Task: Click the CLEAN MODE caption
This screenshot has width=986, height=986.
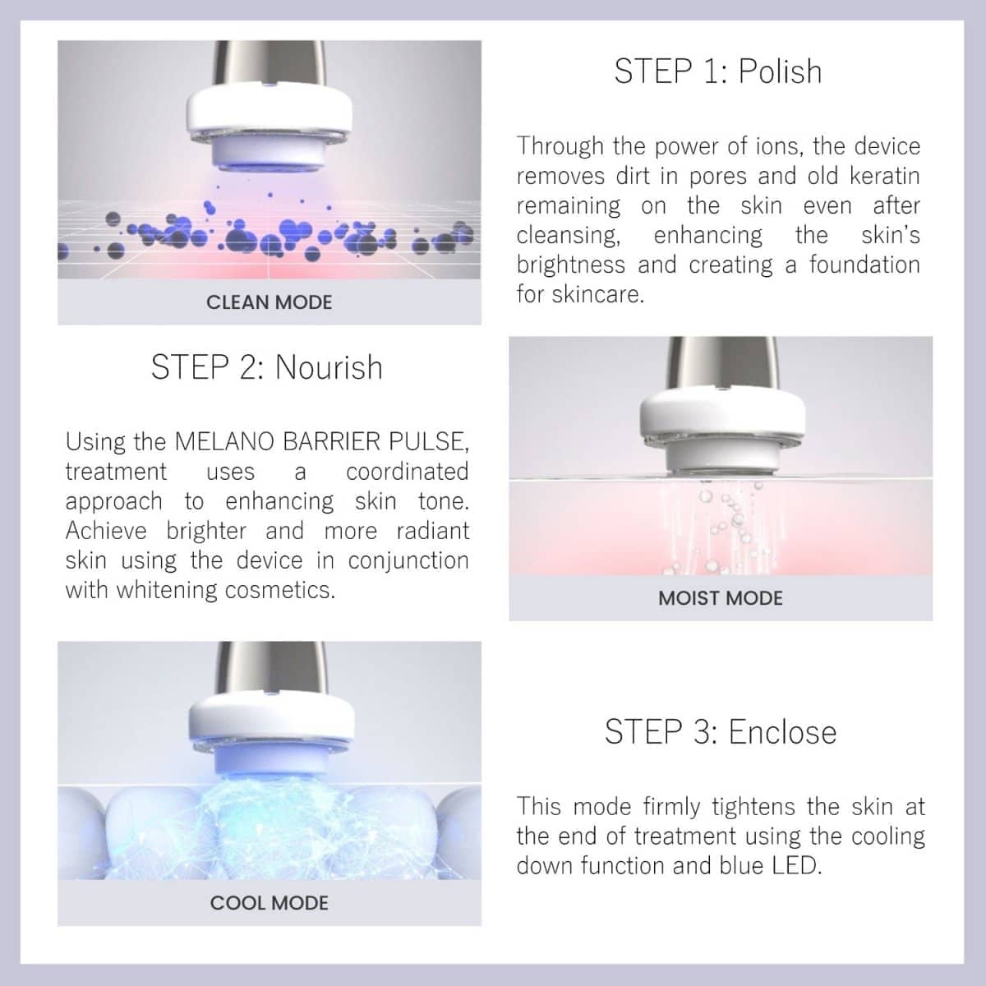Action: click(270, 302)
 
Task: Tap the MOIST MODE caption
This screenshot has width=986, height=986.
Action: click(721, 598)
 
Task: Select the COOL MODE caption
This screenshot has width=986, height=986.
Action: click(270, 902)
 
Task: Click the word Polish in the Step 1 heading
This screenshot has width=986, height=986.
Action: click(780, 71)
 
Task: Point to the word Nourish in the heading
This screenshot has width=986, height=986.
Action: click(329, 366)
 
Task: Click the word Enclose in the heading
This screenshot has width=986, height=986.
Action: click(782, 732)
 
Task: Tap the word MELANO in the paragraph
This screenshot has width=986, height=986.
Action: click(223, 441)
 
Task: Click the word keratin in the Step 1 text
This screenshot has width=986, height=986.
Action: click(885, 176)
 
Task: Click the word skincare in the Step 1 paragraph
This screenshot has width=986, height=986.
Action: click(597, 294)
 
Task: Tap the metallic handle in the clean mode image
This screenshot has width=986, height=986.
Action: click(270, 64)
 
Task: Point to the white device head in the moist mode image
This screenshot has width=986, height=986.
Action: click(721, 431)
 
